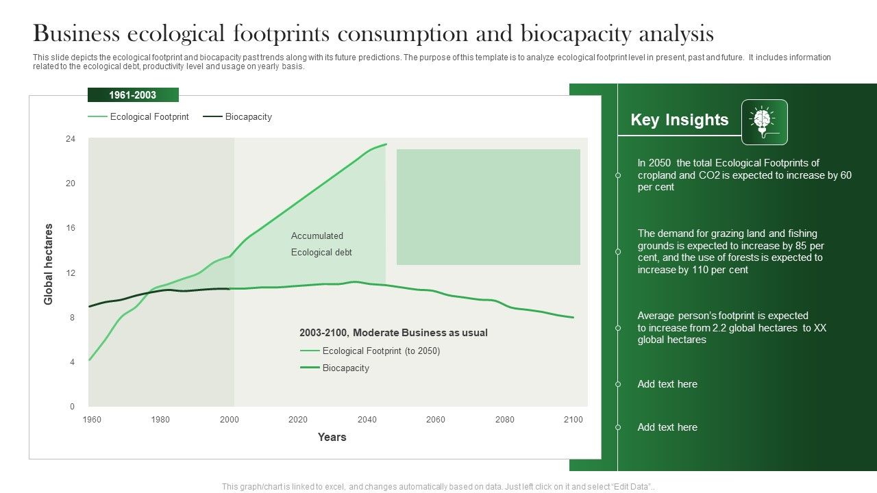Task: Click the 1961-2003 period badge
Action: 133,95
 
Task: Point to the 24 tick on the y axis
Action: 71,139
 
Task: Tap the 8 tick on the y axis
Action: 72,318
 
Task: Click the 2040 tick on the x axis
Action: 367,420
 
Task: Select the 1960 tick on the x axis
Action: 92,420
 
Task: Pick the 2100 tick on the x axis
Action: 573,420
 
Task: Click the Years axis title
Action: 332,438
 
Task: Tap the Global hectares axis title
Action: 49,264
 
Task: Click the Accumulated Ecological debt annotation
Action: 321,244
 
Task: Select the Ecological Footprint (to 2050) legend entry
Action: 381,351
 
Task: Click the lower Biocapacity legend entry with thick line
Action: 345,368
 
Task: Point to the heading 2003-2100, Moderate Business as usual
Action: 393,333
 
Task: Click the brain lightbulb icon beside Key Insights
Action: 764,122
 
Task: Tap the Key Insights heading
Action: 679,120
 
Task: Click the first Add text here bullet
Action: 667,384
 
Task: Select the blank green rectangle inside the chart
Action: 488,207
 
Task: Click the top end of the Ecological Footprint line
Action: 386,144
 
